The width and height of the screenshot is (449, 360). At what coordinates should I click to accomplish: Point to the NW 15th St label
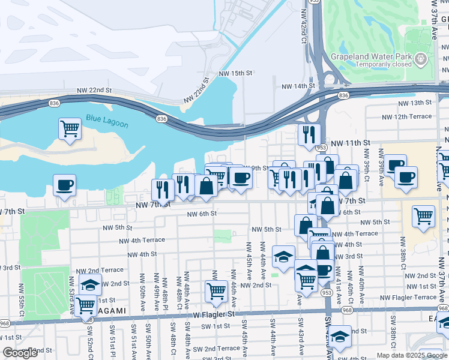tap(236, 73)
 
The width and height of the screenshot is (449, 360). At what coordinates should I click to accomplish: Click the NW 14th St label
tap(298, 86)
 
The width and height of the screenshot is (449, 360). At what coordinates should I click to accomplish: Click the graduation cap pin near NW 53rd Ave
tap(90, 284)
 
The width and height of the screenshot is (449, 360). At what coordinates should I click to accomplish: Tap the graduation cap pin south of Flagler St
tap(340, 335)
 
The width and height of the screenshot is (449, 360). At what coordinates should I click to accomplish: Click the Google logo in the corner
tap(20, 352)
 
